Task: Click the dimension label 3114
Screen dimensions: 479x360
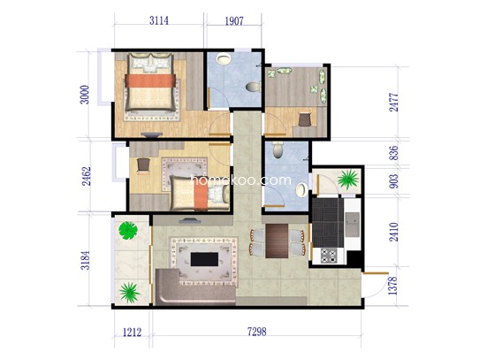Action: pos(159,20)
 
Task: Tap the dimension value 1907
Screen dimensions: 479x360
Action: pos(234,21)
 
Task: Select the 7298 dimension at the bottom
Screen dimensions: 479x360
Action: pos(256,332)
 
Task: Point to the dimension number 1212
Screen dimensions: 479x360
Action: pos(132,333)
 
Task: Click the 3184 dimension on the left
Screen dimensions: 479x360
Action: pos(86,260)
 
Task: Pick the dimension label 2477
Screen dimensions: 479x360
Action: pos(394,102)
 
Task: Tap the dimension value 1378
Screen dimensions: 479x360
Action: pos(393,286)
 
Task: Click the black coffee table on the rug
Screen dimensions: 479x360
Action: pos(204,259)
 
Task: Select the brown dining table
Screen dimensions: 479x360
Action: pos(277,241)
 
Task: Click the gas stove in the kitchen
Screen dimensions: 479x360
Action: pos(329,256)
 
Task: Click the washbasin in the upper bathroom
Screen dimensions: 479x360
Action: pos(224,58)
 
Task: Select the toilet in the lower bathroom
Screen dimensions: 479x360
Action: pos(278,149)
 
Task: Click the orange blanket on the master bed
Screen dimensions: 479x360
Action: pos(150,80)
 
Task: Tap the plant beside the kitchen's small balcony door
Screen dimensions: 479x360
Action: pos(348,180)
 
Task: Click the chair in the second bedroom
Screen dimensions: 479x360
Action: pos(143,165)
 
